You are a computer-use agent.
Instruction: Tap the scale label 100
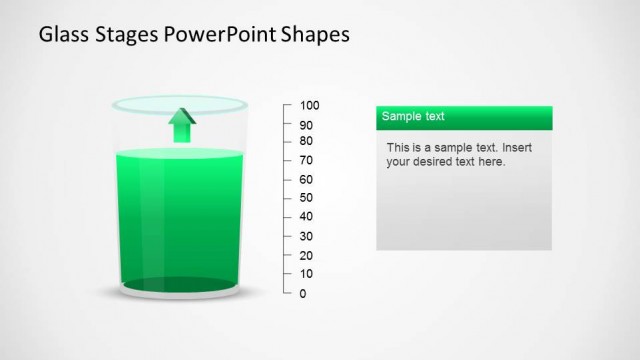(309, 105)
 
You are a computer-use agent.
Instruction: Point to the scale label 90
(306, 125)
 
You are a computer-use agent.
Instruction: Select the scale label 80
(306, 141)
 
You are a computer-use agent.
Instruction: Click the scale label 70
(306, 160)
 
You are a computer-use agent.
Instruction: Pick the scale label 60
(306, 179)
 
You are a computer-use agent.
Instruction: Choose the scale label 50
(306, 198)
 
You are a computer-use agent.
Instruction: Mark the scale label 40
(306, 216)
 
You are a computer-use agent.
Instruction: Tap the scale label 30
(306, 236)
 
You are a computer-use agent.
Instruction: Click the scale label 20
(306, 255)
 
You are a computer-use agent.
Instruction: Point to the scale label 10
(306, 273)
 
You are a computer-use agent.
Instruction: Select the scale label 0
(303, 293)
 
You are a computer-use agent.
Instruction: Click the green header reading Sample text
(463, 117)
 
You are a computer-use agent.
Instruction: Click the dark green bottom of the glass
(181, 286)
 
